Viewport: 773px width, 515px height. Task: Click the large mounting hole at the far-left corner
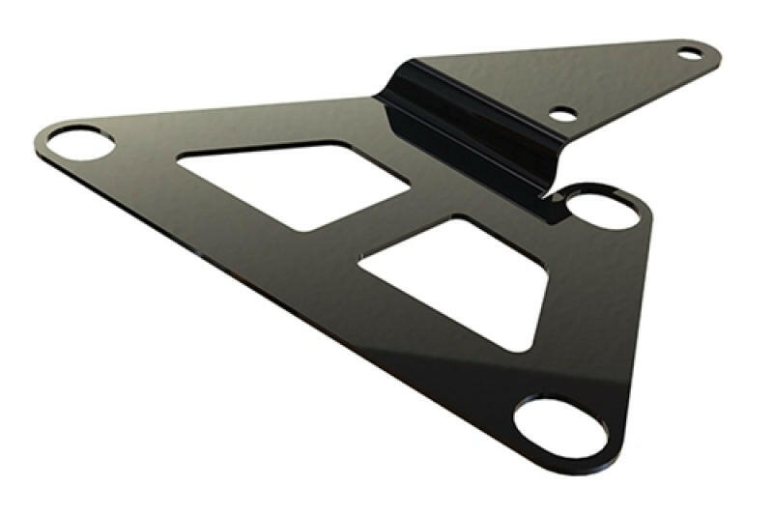[80, 143]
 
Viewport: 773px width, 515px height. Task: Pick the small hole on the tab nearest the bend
[563, 114]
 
